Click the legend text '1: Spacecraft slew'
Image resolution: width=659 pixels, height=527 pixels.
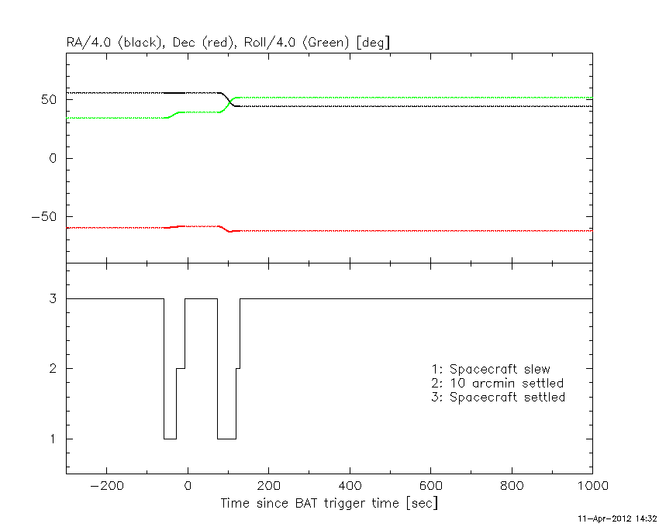491,369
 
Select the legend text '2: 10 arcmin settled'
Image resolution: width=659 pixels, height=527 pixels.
498,383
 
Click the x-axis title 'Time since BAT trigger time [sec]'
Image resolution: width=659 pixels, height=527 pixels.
329,503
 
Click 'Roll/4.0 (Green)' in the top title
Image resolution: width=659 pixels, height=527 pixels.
297,43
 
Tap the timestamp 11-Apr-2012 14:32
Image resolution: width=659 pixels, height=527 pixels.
619,517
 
